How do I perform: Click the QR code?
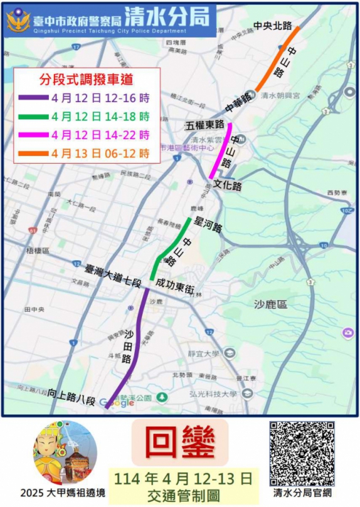(x=302, y=452)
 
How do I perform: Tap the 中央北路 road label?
(x=273, y=26)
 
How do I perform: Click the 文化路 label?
(x=228, y=186)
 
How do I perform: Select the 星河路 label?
(x=209, y=227)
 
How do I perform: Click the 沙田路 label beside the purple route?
(x=126, y=345)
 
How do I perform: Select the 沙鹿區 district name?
(x=270, y=305)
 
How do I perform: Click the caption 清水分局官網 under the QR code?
(x=302, y=492)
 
